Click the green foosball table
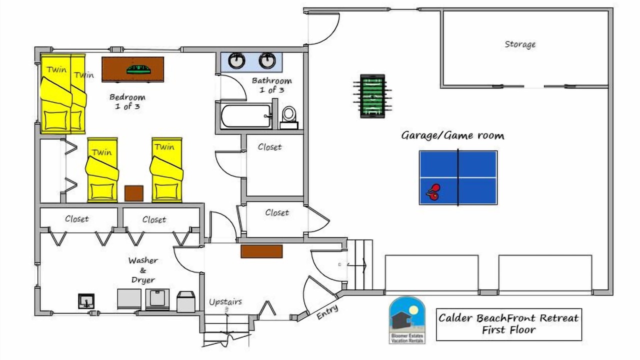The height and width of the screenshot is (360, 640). [x=372, y=96]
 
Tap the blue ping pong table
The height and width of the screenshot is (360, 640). [x=458, y=177]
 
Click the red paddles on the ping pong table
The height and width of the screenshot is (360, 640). [x=433, y=192]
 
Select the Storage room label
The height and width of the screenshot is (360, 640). [x=520, y=44]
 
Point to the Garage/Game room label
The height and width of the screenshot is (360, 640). [x=452, y=135]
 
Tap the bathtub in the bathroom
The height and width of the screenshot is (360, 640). [x=246, y=116]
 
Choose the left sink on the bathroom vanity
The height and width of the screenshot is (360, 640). [x=236, y=60]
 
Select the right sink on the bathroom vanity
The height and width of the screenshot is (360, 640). [x=267, y=60]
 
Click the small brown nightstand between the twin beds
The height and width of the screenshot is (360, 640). [x=134, y=193]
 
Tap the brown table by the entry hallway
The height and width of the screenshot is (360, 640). [x=261, y=251]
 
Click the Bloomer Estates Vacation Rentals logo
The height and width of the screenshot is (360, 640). [x=407, y=320]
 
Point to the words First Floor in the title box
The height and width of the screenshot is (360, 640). [x=509, y=330]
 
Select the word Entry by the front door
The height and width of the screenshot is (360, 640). [x=327, y=311]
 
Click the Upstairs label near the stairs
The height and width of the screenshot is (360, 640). [x=225, y=301]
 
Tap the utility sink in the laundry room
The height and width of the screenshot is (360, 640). [x=86, y=301]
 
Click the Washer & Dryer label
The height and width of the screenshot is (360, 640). [x=143, y=270]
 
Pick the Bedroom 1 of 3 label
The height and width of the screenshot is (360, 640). [x=127, y=101]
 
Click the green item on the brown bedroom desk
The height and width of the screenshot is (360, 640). [x=138, y=69]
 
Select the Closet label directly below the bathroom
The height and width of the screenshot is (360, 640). [x=269, y=147]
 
